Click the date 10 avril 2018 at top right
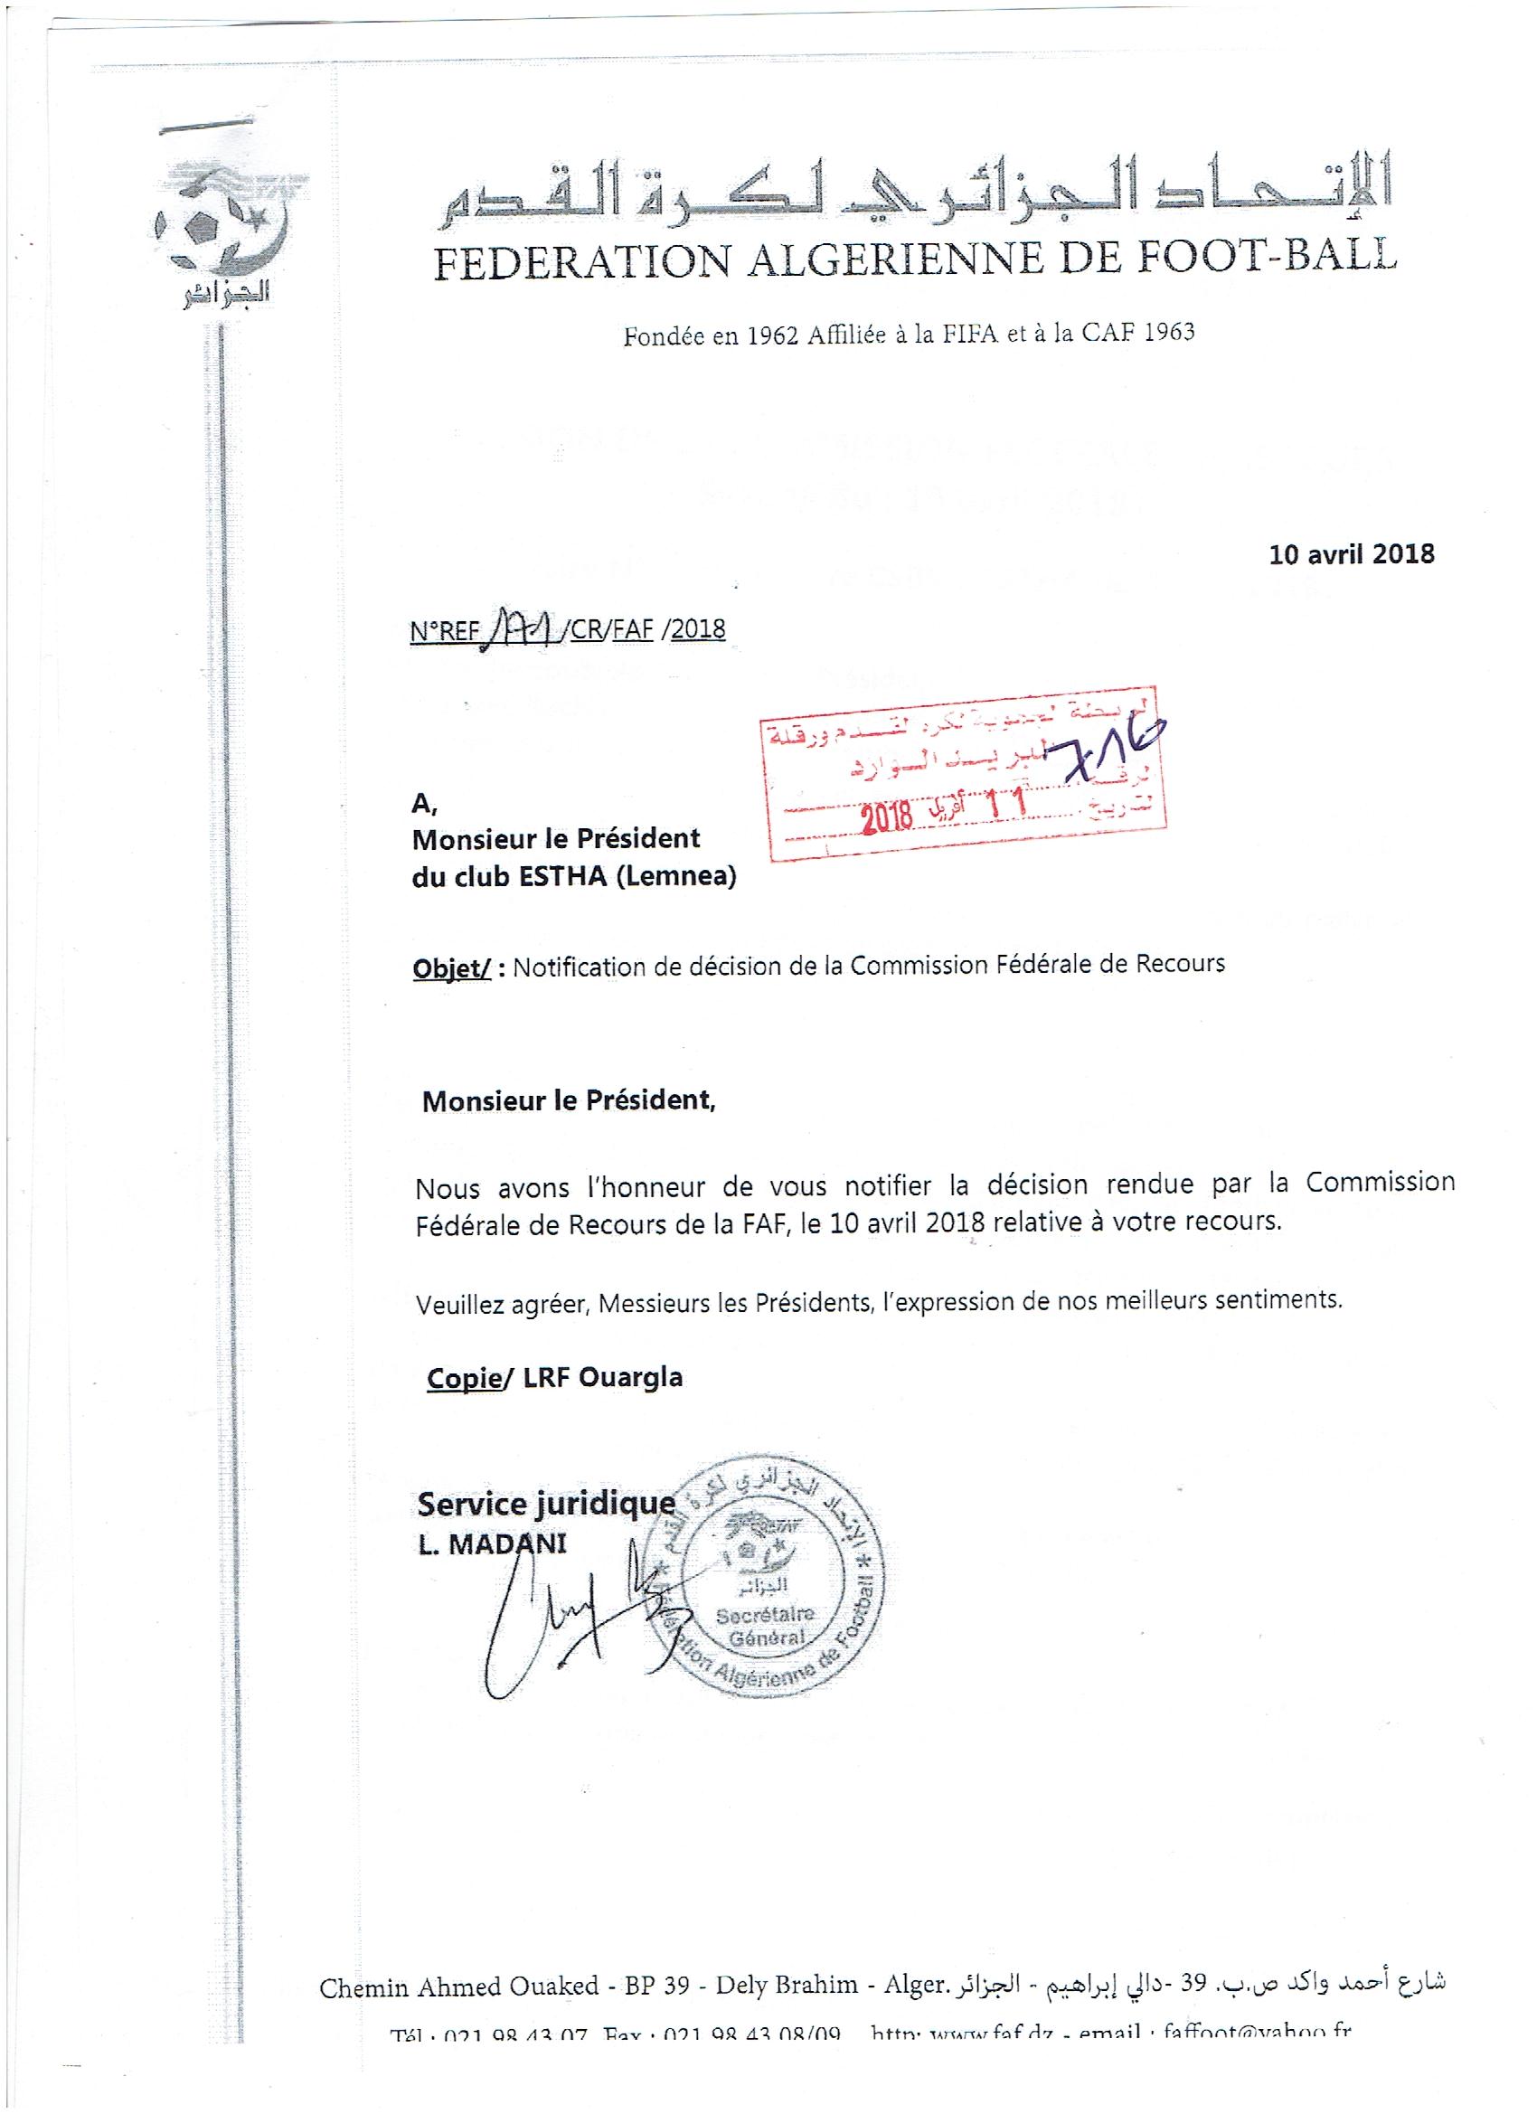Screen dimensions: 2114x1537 [1351, 554]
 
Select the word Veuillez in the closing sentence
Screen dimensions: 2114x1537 [459, 1304]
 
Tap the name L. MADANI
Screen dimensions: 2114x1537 [491, 1544]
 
